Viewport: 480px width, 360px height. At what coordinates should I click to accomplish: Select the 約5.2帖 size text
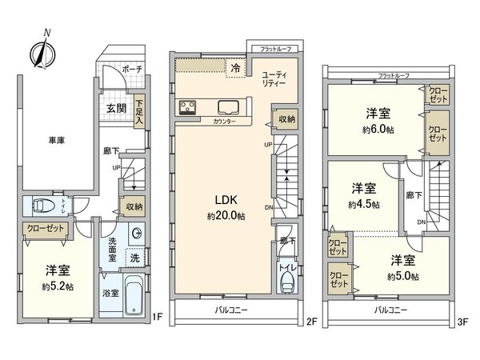tap(57, 286)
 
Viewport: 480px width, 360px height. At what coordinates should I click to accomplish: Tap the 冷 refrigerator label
tap(235, 70)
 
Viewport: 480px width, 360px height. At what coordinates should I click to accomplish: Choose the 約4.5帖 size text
tap(365, 204)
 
